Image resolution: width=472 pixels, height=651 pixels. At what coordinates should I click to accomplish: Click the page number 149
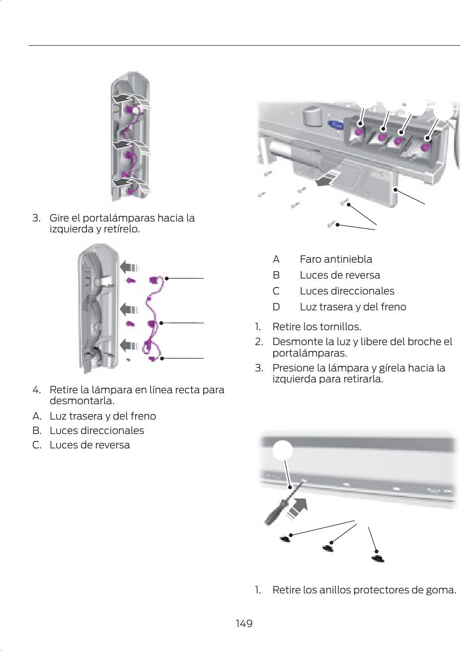[x=244, y=623]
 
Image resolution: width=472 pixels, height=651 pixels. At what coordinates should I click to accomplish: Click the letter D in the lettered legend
[x=276, y=307]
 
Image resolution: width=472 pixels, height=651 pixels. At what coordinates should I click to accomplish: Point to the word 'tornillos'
[x=339, y=327]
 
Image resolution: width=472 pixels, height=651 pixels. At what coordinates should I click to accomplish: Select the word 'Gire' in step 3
[x=60, y=218]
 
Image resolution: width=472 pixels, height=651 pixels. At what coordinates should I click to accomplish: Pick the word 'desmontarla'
[x=81, y=400]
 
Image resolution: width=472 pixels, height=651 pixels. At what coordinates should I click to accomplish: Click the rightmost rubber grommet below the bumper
[x=378, y=558]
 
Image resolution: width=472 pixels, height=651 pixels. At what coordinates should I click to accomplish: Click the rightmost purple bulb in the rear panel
[x=425, y=147]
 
